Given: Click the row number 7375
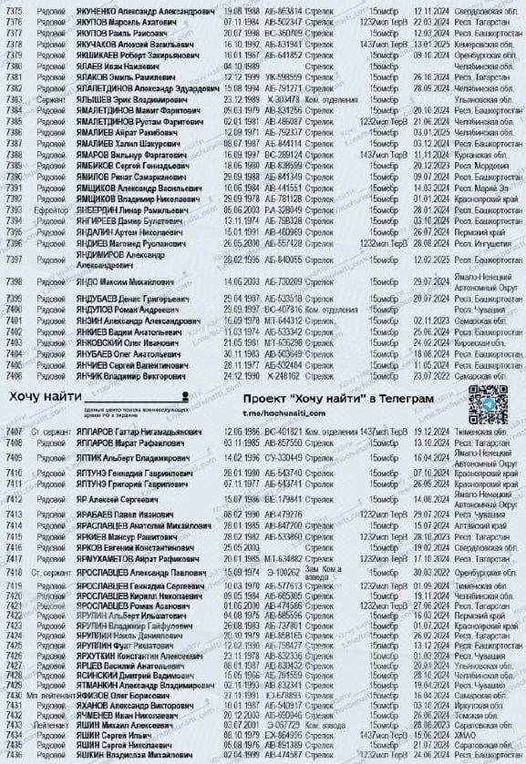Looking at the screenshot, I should [14, 6].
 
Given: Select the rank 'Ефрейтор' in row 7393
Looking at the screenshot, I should [51, 209].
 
